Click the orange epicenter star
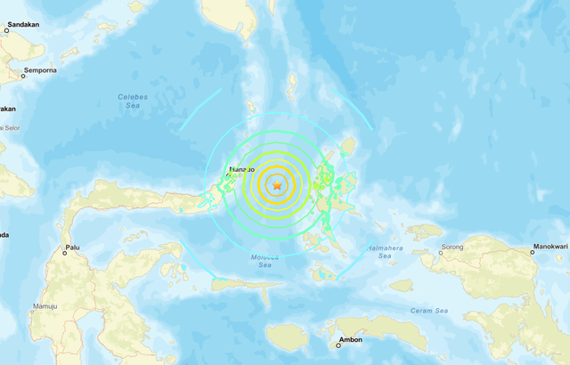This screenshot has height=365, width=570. point(277,185)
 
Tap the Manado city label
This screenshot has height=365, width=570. point(242,169)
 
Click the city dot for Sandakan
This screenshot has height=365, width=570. point(6,30)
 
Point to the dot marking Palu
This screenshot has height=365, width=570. point(65,253)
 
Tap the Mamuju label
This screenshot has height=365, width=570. point(45,307)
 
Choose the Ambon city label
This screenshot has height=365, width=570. point(351,340)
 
